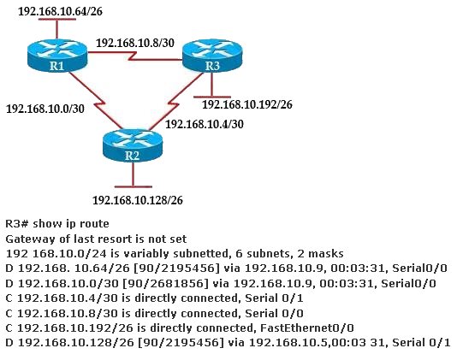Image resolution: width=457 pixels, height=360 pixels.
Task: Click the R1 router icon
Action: point(57,56)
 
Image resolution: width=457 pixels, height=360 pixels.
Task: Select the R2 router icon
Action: point(133,145)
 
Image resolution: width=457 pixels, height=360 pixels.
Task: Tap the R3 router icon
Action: point(212,56)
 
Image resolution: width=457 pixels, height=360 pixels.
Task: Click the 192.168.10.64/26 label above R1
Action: point(60,11)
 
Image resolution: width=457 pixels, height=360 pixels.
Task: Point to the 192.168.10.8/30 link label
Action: point(135,43)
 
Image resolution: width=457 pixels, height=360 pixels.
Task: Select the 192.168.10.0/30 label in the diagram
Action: point(45,109)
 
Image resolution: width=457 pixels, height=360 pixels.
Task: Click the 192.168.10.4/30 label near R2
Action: point(205,124)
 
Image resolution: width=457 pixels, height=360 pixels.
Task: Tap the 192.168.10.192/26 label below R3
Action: point(247,104)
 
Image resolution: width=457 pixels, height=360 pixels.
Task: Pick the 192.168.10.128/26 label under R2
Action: point(138,200)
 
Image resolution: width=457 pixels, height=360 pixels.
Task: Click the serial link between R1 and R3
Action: point(135,56)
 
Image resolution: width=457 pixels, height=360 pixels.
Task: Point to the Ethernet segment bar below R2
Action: point(134,186)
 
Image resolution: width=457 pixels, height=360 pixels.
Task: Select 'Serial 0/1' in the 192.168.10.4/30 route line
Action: point(274,298)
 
